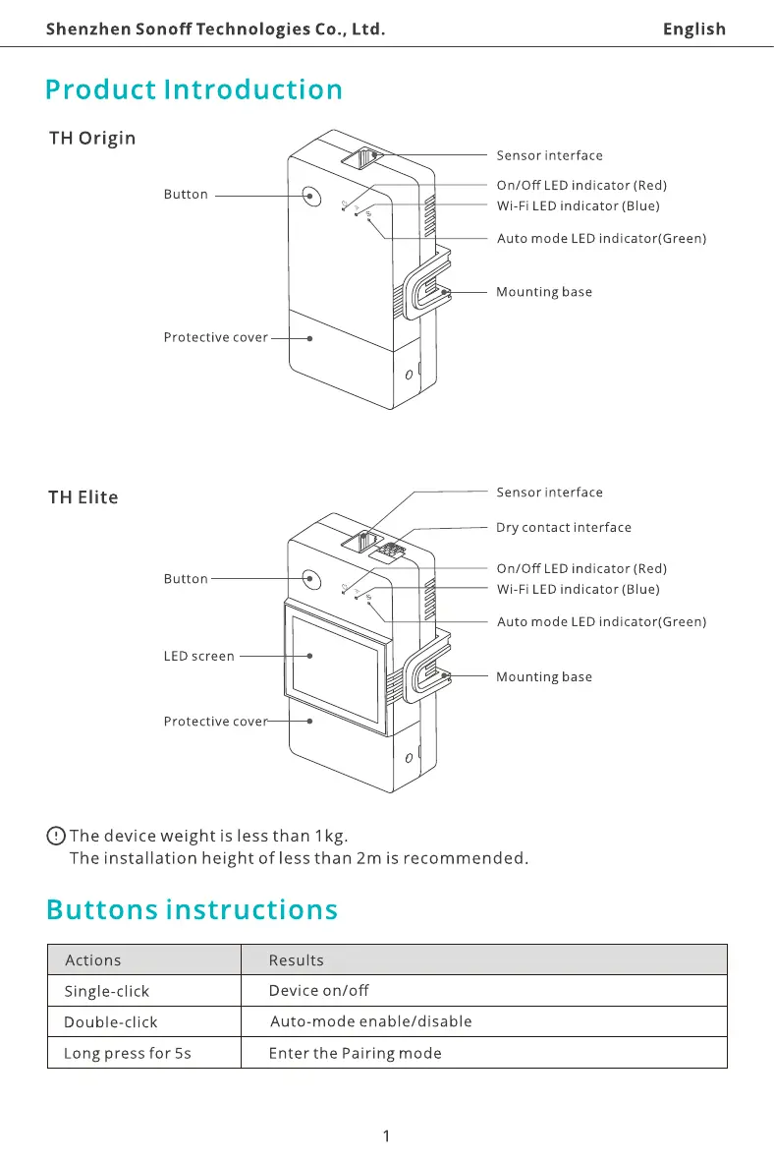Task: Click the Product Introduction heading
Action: pos(193,89)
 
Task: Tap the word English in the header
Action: pos(693,29)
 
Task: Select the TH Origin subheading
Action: pos(92,138)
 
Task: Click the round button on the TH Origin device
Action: pos(311,196)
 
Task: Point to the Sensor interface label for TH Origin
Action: pos(549,155)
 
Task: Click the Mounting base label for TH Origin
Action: pos(544,292)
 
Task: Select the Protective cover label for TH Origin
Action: pos(215,337)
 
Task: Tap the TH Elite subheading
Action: pos(83,497)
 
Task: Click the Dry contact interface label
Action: pos(563,528)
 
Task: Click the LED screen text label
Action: pos(198,656)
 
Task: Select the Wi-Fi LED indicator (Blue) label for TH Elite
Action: pos(578,590)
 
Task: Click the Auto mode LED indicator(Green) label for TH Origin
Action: pos(601,239)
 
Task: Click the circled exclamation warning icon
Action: pos(56,836)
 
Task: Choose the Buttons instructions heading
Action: pos(192,909)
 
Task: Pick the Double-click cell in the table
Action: pos(110,1022)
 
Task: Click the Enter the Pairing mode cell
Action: pos(355,1054)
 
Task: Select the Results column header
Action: pos(296,960)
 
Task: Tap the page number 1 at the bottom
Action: pos(386,1136)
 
